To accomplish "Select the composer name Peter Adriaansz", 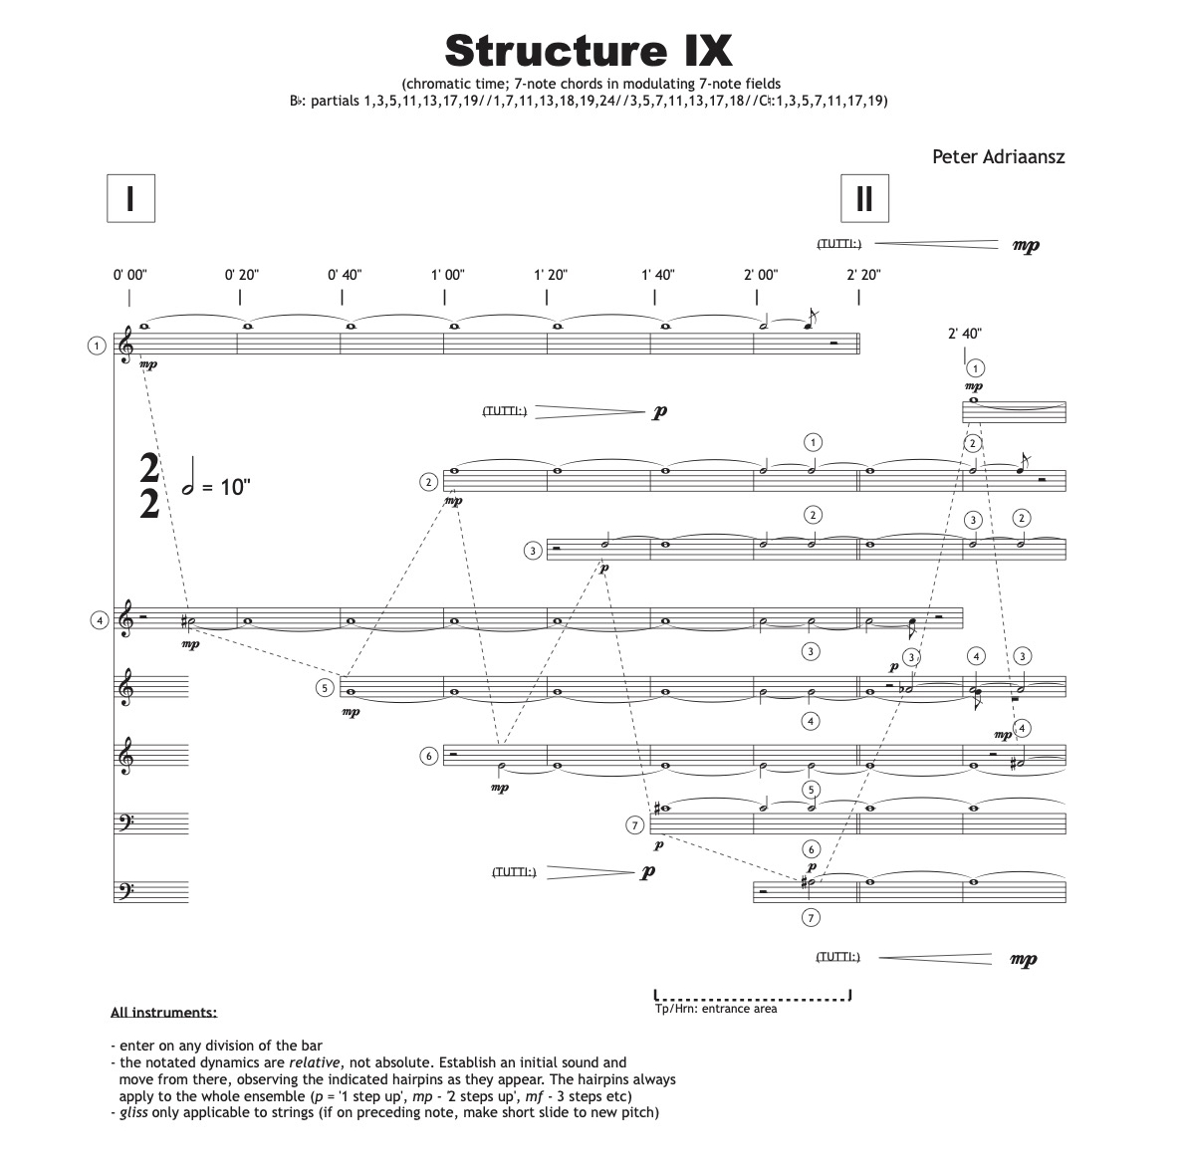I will pos(998,156).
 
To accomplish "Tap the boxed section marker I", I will pos(129,198).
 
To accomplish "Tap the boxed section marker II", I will pos(863,198).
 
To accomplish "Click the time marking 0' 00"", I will pos(129,275).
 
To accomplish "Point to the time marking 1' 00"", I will pos(447,275).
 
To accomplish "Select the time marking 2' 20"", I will pos(863,275).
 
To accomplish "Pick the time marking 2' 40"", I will pos(964,335).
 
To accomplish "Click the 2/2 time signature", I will pos(149,486).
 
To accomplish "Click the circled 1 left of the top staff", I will pos(96,346).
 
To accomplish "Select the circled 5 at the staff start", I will pos(325,687).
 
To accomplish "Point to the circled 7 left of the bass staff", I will pos(634,824).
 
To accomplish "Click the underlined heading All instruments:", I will pos(163,1013).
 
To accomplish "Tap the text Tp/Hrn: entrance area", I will pos(716,1009).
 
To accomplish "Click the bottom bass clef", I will pos(124,890).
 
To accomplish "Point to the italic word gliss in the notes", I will pos(133,1112).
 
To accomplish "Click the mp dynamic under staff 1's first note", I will pos(148,365).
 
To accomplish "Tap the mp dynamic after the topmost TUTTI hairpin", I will pos(1025,245).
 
